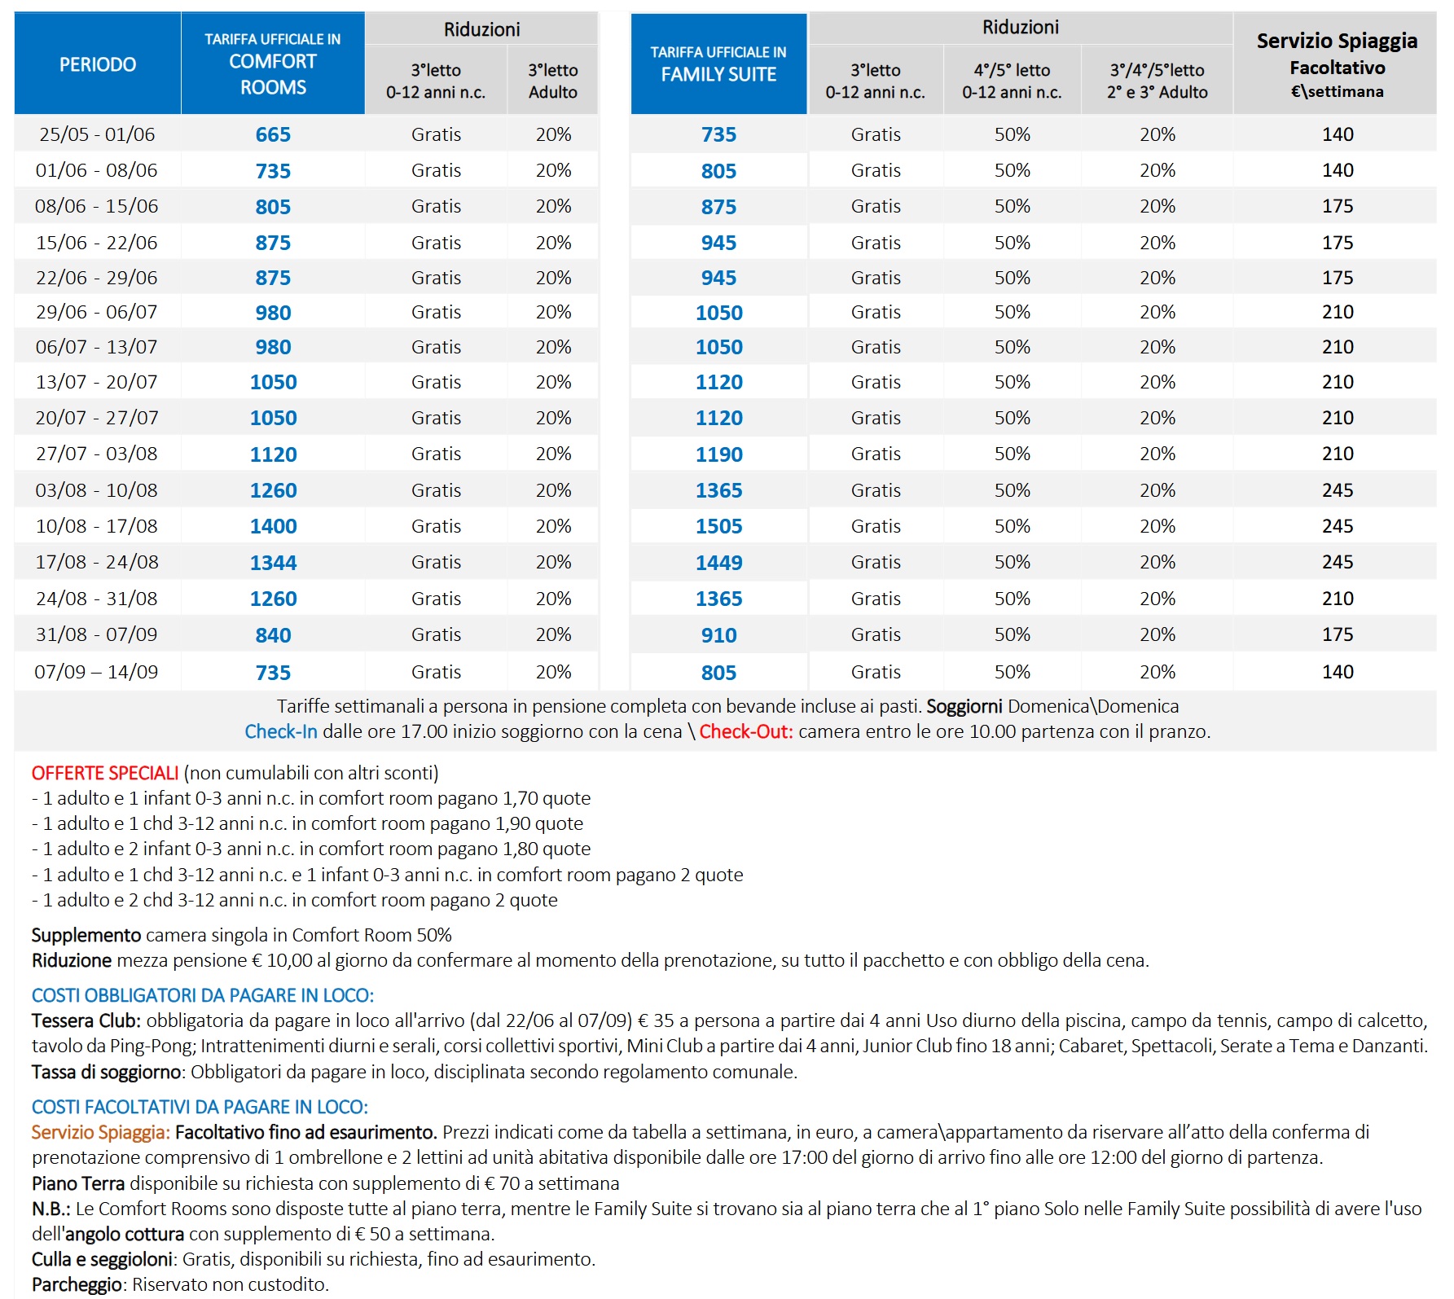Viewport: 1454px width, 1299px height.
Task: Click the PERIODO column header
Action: click(x=98, y=64)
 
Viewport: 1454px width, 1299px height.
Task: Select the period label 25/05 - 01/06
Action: click(x=97, y=134)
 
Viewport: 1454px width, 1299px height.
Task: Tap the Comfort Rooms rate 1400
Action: click(x=273, y=526)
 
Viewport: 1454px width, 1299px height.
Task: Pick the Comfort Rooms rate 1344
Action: click(x=273, y=563)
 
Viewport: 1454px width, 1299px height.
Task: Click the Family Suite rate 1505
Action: click(x=718, y=526)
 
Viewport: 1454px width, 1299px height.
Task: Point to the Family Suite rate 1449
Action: click(x=718, y=563)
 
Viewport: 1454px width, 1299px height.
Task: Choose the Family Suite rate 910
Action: click(x=718, y=635)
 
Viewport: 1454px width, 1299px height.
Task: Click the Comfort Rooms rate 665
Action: click(x=273, y=134)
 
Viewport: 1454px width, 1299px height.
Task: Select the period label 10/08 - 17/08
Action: click(x=97, y=526)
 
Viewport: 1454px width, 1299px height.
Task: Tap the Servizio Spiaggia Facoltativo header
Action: click(x=1337, y=65)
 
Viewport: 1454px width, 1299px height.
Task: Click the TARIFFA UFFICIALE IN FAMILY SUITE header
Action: click(x=718, y=64)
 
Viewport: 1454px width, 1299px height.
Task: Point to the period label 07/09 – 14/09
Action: click(x=96, y=672)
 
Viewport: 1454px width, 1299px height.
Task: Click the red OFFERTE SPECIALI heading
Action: click(x=105, y=773)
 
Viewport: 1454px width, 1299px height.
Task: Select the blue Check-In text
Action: click(x=281, y=731)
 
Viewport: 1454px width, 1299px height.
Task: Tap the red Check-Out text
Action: click(x=745, y=731)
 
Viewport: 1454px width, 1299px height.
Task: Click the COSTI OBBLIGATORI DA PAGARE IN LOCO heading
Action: click(x=203, y=995)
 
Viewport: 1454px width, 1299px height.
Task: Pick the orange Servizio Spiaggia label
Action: click(x=101, y=1132)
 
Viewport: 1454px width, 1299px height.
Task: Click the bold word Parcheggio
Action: click(x=77, y=1284)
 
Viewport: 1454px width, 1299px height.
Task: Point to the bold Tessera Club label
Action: click(x=86, y=1020)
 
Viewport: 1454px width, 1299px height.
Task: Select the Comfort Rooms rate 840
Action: click(x=273, y=635)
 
